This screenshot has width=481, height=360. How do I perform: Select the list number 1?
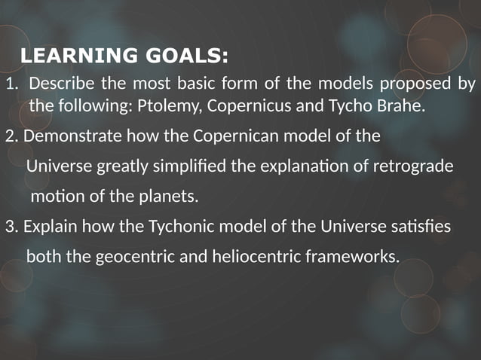pyautogui.click(x=10, y=84)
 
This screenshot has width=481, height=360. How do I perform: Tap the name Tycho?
pyautogui.click(x=349, y=106)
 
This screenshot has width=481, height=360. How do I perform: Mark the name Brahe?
pyautogui.click(x=402, y=105)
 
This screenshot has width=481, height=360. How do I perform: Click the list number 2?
pyautogui.click(x=11, y=137)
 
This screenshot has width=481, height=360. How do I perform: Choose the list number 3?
pyautogui.click(x=11, y=227)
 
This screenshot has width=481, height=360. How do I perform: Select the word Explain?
pyautogui.click(x=49, y=227)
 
